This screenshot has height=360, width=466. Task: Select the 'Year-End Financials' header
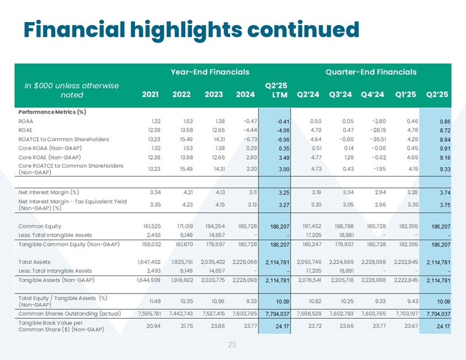[210, 72]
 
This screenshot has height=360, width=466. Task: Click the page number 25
[232, 345]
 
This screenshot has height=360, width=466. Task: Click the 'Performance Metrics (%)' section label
[52, 111]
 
